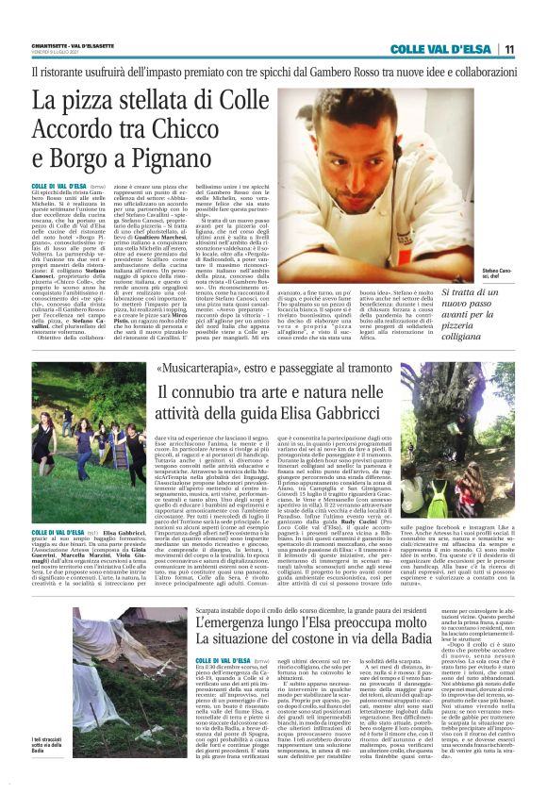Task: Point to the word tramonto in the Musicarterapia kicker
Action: click(369, 369)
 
